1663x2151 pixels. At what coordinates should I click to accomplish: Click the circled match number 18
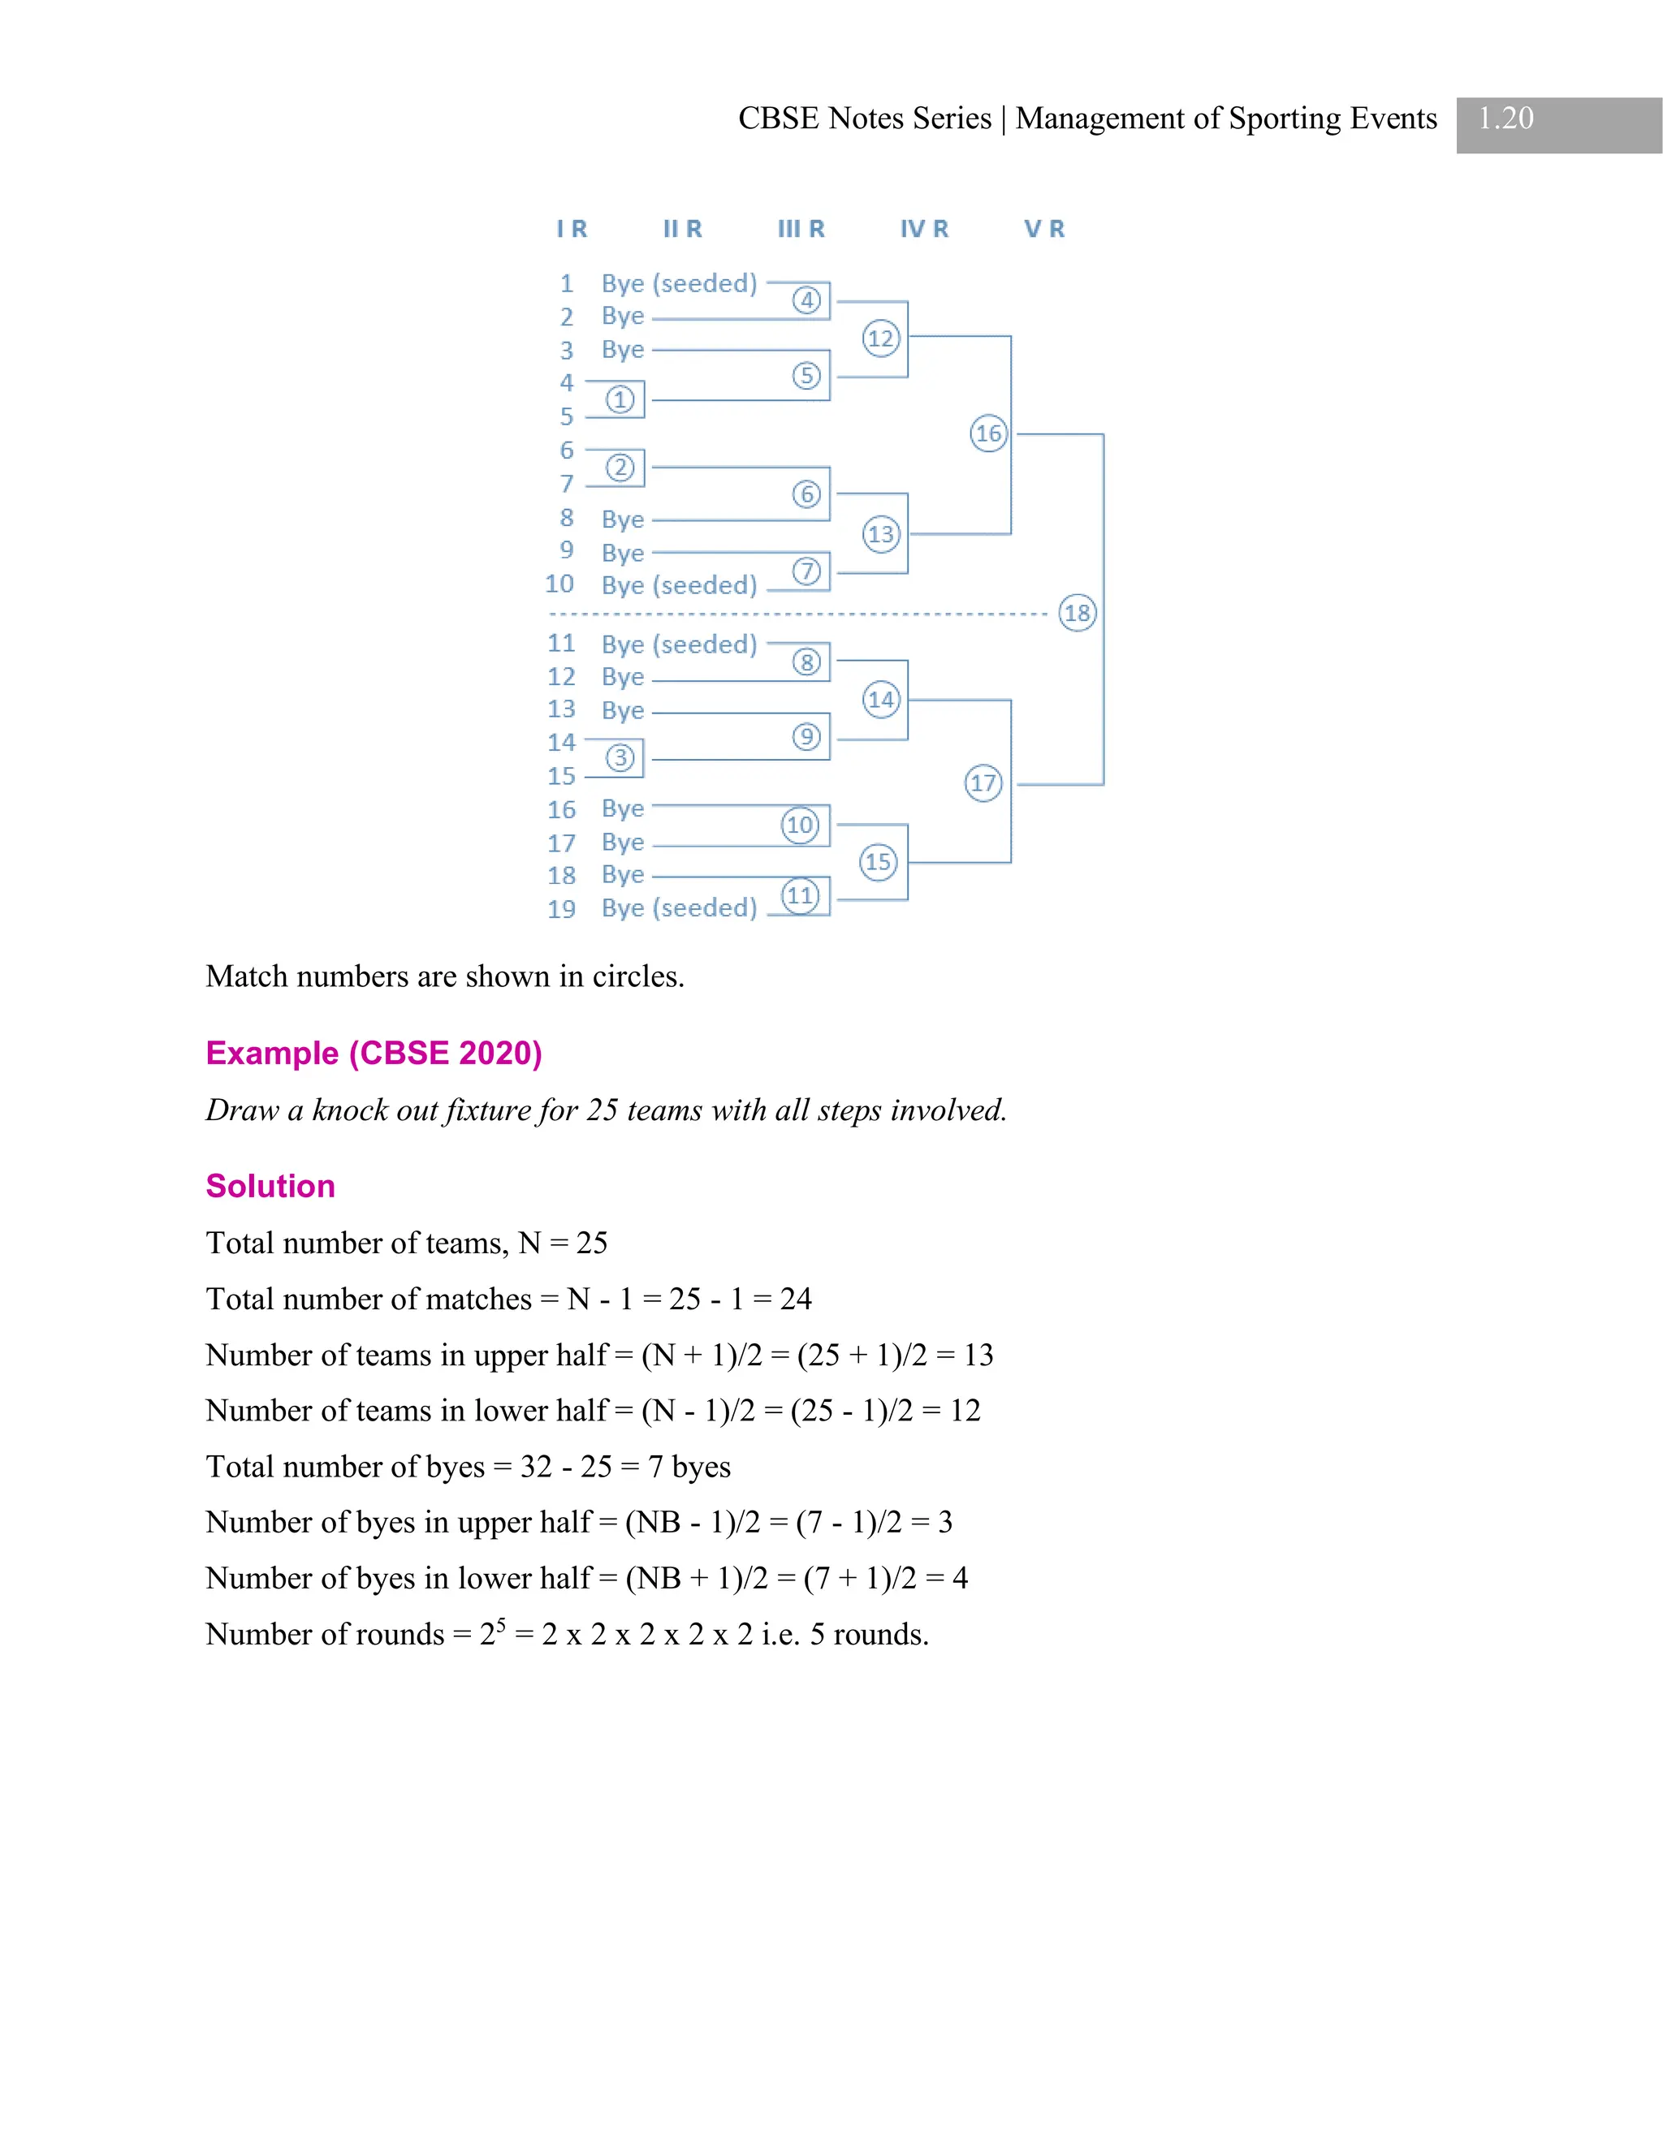1077,613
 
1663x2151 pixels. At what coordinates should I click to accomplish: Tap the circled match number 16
988,433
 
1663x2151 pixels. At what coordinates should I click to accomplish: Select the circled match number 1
619,400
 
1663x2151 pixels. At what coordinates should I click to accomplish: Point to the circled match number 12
881,338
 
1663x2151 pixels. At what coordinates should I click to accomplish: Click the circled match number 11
800,896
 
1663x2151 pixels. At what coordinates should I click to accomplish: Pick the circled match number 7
806,571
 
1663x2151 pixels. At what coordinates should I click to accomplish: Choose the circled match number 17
983,783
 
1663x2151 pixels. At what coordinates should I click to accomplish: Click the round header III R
801,229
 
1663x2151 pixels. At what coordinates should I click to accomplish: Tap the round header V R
1044,229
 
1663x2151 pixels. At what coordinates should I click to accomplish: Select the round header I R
572,229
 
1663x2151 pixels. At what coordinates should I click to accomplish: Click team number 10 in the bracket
559,584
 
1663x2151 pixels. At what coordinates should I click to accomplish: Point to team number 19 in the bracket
562,909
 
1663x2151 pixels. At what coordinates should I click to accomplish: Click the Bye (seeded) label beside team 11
679,644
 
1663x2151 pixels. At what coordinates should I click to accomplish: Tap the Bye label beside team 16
623,808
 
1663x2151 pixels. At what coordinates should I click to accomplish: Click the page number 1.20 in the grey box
1505,119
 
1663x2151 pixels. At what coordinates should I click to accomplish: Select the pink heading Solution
270,1186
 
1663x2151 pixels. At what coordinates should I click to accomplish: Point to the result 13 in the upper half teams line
978,1356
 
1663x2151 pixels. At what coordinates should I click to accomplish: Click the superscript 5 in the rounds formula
500,1624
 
